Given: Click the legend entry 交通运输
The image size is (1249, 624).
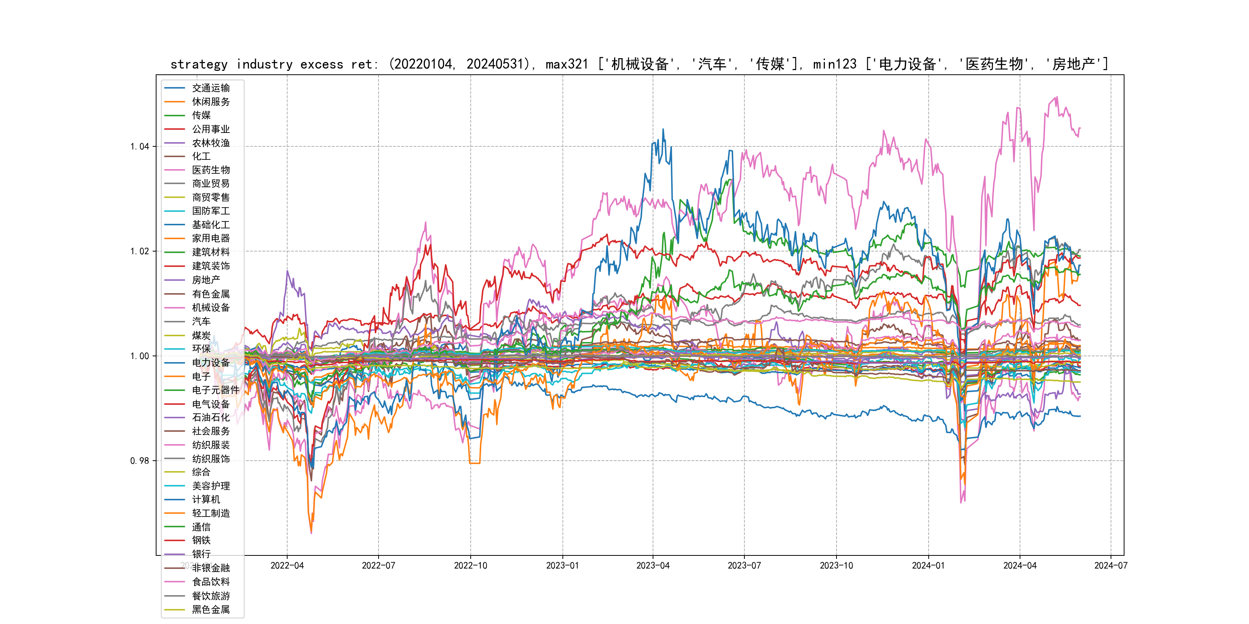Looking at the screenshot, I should tap(210, 88).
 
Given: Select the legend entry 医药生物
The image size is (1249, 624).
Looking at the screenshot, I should tap(210, 170).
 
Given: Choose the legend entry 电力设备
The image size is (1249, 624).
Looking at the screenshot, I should tap(210, 362).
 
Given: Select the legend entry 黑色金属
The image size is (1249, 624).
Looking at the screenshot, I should tap(210, 609).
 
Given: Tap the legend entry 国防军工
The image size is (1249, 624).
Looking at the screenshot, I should tap(210, 211).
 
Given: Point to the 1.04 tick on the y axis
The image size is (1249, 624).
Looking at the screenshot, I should tap(140, 147).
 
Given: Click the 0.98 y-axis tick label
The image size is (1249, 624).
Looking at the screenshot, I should tap(140, 461).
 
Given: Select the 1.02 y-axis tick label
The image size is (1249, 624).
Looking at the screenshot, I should tap(140, 252).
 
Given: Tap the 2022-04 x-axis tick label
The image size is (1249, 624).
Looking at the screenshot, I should tap(287, 566).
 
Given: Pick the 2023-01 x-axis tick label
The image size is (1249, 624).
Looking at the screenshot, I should tap(562, 566).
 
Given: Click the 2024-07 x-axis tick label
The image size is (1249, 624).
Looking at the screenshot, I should tap(1111, 566).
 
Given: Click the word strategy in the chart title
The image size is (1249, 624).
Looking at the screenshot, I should tap(199, 64).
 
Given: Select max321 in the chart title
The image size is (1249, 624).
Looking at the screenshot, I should tap(566, 64).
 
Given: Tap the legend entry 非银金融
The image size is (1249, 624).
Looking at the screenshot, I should tap(210, 568).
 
